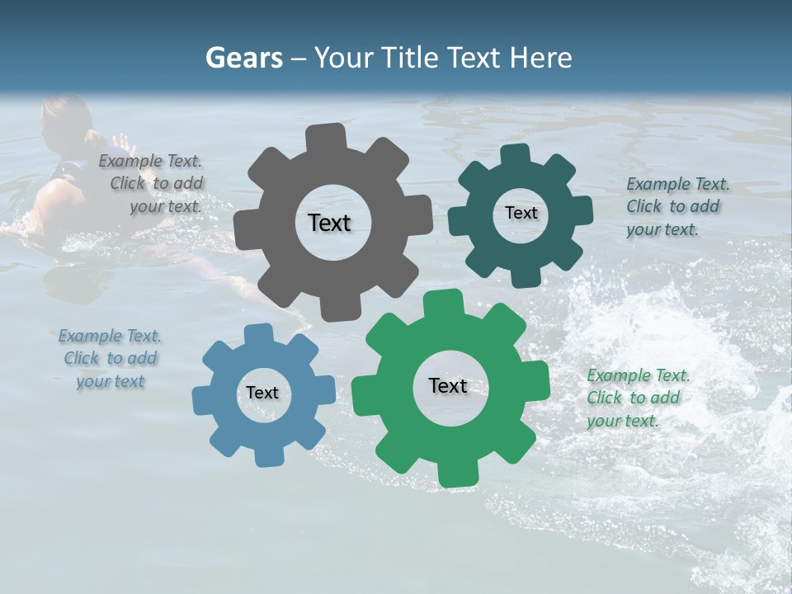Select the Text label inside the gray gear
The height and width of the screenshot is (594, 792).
(x=329, y=223)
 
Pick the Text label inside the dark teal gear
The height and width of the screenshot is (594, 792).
(x=521, y=213)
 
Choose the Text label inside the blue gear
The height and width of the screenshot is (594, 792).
(x=262, y=393)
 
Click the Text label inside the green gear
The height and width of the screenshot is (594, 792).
(x=448, y=385)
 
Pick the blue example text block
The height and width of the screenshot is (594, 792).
(x=110, y=358)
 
